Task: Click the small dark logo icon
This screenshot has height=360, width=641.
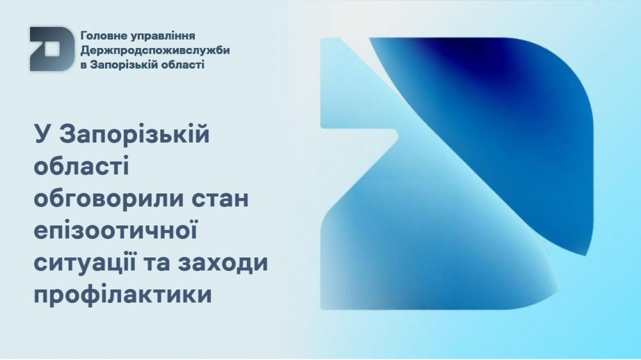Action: [x=51, y=49]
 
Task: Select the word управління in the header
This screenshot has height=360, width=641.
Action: [x=162, y=37]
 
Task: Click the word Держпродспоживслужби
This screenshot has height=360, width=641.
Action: [x=155, y=51]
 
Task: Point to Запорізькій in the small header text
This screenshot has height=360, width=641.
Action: [x=122, y=65]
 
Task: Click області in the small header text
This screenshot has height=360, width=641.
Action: [x=181, y=65]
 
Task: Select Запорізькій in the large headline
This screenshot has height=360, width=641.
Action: [x=135, y=135]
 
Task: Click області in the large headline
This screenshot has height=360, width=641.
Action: [x=81, y=166]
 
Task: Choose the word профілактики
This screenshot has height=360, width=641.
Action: [x=122, y=295]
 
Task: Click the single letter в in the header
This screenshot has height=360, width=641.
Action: [x=83, y=65]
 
